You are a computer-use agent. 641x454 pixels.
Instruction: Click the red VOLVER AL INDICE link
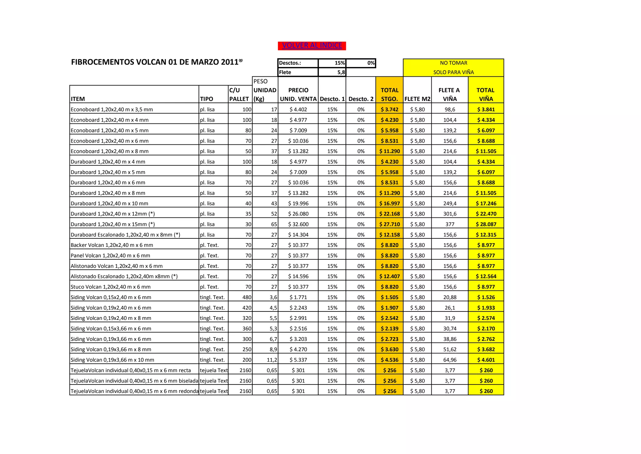[x=312, y=46]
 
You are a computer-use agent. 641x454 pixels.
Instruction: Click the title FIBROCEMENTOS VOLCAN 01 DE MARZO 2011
[x=156, y=62]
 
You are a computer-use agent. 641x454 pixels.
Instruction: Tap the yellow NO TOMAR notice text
[x=453, y=63]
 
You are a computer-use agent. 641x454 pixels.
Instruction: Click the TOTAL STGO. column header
[x=389, y=94]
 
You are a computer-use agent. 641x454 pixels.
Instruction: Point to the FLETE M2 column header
[x=417, y=99]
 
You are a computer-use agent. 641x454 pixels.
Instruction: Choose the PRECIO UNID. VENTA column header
[x=298, y=94]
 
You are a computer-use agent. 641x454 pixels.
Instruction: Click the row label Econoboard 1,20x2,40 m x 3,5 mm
[x=112, y=110]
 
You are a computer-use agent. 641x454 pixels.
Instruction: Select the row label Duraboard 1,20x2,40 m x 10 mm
[x=109, y=204]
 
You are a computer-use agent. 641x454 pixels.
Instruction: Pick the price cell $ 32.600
[x=298, y=224]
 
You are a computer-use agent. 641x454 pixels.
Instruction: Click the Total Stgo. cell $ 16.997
[x=389, y=204]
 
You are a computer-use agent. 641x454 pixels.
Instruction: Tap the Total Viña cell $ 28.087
[x=486, y=224]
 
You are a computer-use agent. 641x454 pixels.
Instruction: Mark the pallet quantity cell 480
[x=247, y=297]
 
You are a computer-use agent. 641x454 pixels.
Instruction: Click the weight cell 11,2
[x=272, y=360]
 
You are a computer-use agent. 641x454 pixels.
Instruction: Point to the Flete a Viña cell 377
[x=450, y=224]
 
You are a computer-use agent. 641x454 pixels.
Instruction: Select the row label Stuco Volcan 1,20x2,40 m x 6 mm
[x=110, y=287]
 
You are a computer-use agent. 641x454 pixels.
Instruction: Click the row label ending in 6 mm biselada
[x=134, y=381]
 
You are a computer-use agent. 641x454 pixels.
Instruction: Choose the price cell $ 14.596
[x=298, y=276]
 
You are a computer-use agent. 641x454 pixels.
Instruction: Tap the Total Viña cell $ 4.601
[x=486, y=360]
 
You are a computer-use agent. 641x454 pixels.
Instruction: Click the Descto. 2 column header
[x=361, y=99]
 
